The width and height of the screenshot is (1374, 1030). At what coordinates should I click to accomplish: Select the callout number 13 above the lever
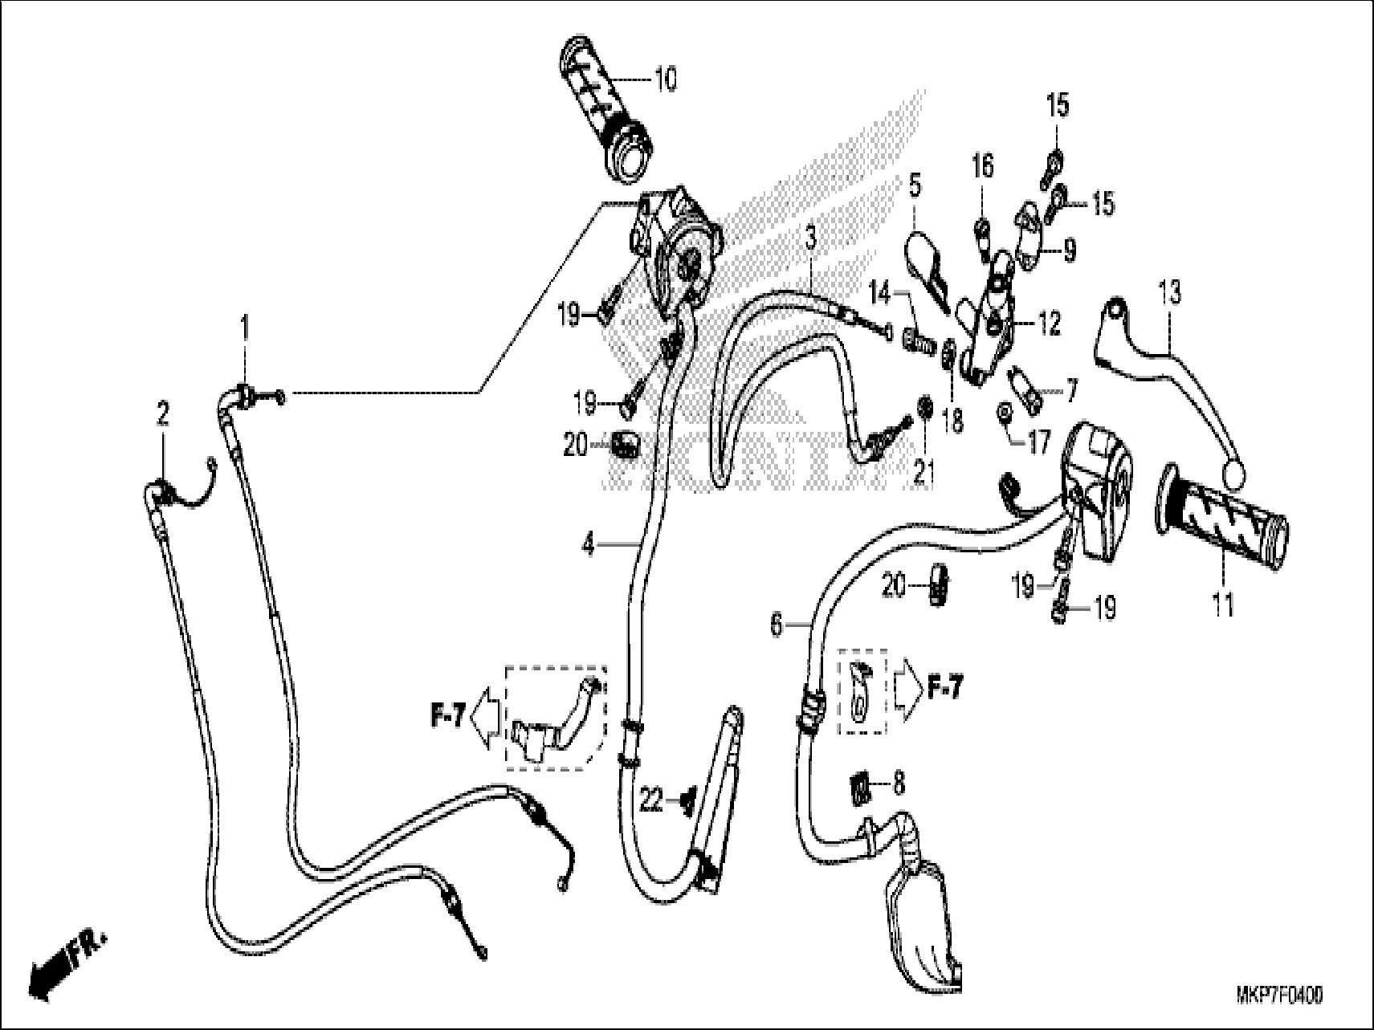1170,292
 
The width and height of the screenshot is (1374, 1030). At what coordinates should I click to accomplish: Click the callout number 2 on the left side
163,414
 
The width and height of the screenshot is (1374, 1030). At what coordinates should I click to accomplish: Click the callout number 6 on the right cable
776,625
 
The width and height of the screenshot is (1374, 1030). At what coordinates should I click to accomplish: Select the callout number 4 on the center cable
589,545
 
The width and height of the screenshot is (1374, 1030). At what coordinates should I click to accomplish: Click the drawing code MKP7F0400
1278,995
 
